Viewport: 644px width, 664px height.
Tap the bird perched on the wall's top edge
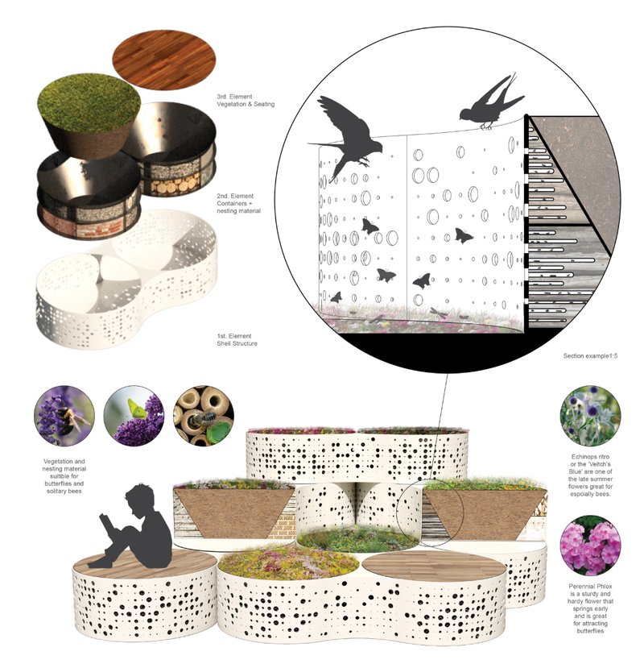(x=489, y=103)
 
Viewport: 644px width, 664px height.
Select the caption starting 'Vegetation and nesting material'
(x=64, y=473)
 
